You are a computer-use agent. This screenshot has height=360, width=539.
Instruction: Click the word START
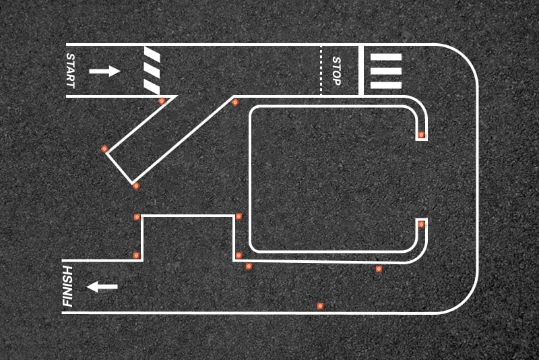point(71,71)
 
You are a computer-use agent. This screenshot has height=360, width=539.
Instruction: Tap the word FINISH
point(68,286)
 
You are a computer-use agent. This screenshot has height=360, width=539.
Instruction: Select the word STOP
point(336,71)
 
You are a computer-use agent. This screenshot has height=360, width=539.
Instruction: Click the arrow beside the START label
point(104,71)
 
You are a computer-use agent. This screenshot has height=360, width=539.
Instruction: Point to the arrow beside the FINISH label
point(102,287)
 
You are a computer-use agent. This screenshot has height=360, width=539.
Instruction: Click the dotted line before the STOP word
point(321,70)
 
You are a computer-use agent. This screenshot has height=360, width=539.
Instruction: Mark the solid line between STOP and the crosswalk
point(361,70)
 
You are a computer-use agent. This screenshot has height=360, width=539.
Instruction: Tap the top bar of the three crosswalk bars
point(385,57)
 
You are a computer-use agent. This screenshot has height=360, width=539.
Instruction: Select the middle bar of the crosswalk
point(385,71)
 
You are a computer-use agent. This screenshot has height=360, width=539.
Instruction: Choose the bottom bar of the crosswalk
point(385,85)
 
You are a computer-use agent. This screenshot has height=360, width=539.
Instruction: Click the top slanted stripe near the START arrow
point(152,55)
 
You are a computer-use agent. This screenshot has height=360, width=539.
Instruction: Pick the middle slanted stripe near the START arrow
point(152,71)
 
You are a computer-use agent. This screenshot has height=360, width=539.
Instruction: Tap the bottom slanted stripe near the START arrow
point(152,87)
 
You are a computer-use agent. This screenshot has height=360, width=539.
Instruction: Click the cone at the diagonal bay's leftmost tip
point(104,149)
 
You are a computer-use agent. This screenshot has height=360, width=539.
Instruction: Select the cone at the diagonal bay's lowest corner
point(136,186)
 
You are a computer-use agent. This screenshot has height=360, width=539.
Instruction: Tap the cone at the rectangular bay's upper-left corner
point(137,217)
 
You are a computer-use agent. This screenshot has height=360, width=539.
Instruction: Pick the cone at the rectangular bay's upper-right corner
point(239,216)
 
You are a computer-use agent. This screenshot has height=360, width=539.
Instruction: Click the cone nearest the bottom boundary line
point(320,306)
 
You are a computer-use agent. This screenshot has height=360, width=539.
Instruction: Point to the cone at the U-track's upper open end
point(421,134)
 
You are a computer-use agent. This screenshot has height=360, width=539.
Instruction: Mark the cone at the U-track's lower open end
point(422,224)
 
